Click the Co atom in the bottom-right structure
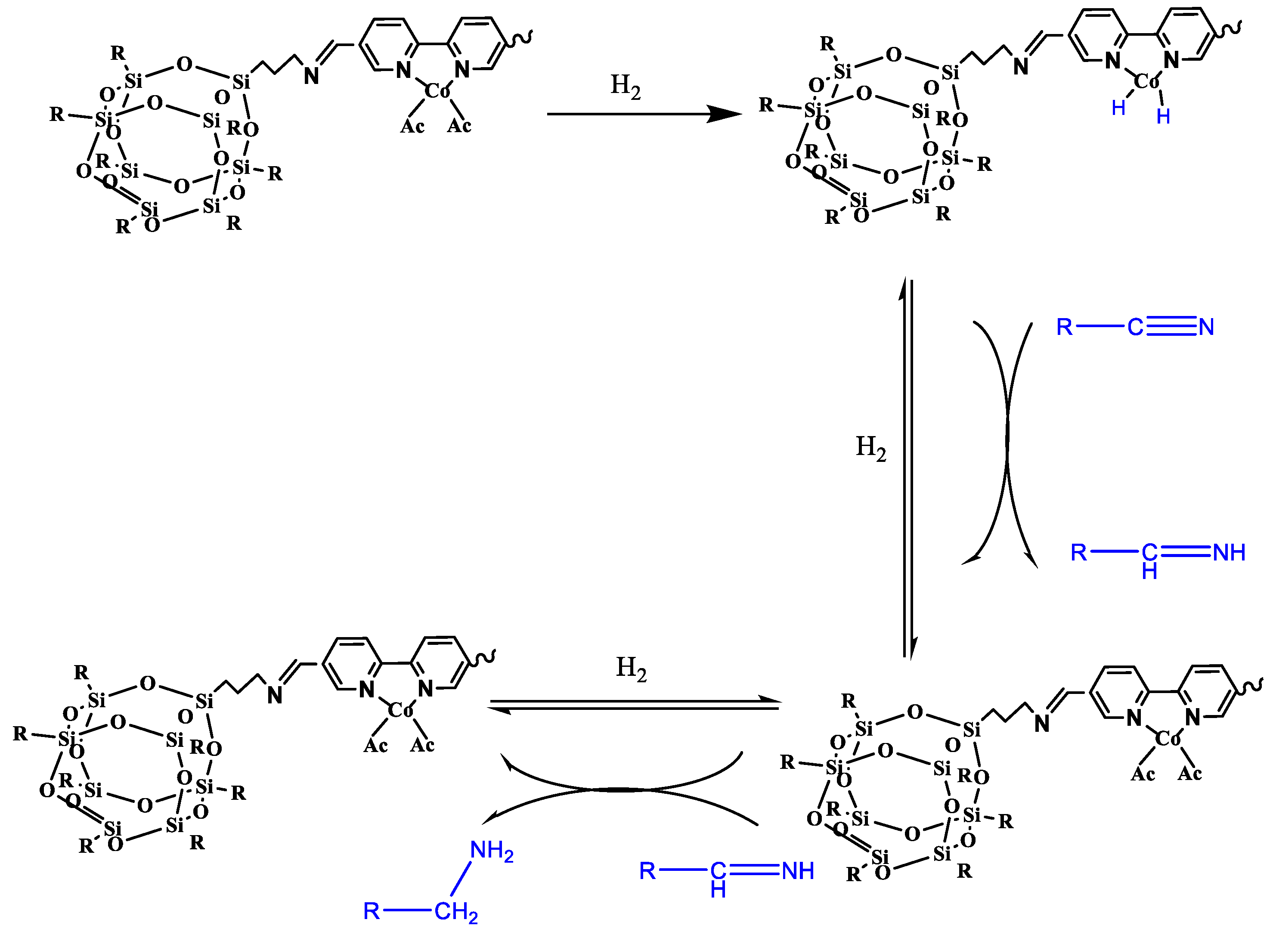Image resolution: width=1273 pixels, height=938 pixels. (1168, 738)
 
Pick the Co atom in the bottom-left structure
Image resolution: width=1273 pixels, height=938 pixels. (400, 710)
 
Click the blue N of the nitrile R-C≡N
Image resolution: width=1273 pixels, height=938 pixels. (1206, 327)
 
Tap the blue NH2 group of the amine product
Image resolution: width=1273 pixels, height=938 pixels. (491, 851)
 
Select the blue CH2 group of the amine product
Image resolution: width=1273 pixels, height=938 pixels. (455, 912)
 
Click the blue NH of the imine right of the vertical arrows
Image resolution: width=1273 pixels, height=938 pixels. (1229, 552)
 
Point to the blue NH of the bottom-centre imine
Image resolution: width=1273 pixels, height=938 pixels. (797, 871)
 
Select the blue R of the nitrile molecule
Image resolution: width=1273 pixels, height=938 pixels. (1064, 327)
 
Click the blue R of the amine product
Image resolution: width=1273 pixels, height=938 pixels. (371, 911)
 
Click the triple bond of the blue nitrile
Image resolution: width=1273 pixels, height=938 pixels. (1171, 326)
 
